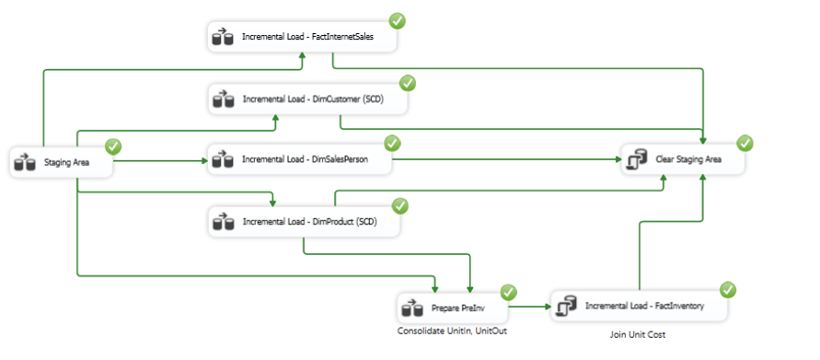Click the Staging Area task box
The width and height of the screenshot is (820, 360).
pos(61,162)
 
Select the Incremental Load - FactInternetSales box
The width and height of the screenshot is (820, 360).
pos(302,37)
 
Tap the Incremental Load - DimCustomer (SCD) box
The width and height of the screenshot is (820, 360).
pos(308,99)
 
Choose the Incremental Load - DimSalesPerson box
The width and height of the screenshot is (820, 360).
pos(300,159)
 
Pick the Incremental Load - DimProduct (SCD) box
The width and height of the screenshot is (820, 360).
pos(305,222)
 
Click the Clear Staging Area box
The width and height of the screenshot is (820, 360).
pos(684,159)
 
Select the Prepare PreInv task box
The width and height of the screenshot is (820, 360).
pos(453,308)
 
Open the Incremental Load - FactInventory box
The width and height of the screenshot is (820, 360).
pos(639,306)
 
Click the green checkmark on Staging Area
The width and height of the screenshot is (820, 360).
pos(113,146)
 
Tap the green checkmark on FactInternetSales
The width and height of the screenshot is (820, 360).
pos(398,21)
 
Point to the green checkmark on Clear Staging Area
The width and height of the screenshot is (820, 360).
pos(745,143)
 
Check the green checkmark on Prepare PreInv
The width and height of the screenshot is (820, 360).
pos(509,292)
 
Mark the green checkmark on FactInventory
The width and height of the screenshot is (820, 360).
pos(728,289)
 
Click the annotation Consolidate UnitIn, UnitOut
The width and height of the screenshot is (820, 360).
pos(452,331)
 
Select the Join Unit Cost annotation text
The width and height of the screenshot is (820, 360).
pos(638,335)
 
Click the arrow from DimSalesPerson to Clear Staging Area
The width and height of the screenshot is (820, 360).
pos(507,159)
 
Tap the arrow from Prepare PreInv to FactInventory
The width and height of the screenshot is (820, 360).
pos(529,306)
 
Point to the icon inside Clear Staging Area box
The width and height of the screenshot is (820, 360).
pos(638,159)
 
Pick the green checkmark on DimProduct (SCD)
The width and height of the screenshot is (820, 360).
pos(400,205)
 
